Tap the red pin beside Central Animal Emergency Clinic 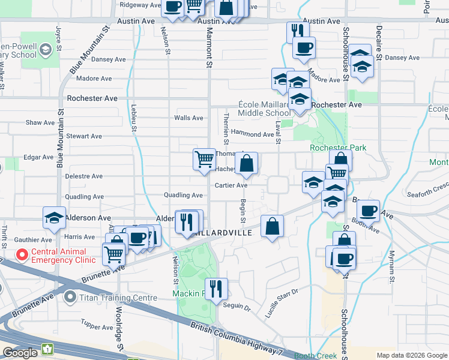pos(22,255)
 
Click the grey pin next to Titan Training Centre pos(70,297)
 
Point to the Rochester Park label pos(338,148)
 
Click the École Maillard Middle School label pos(264,109)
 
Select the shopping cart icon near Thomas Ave pos(204,159)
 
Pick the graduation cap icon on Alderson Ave pos(54,218)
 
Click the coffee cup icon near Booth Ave pos(368,211)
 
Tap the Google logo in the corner pos(19,352)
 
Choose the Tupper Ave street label pos(97,327)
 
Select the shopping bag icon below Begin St pos(272,226)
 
